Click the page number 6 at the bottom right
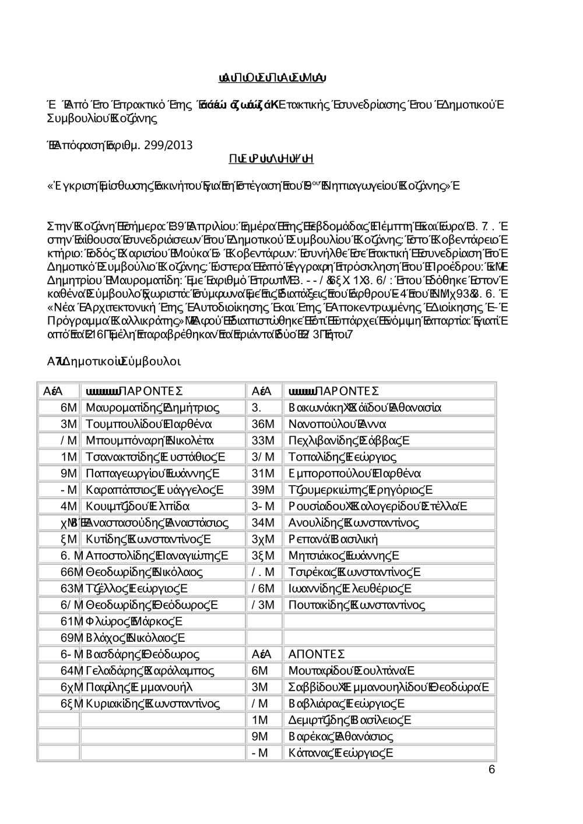[x=491, y=770]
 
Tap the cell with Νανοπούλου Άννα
[x=338, y=423]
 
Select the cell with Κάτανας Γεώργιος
[x=341, y=753]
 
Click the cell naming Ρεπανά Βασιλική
[x=333, y=539]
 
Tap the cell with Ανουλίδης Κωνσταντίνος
[x=354, y=522]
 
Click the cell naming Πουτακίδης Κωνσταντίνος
[x=357, y=605]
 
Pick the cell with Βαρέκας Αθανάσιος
[x=341, y=737]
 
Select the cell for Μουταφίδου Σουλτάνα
[x=352, y=671]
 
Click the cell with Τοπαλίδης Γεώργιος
[x=343, y=457]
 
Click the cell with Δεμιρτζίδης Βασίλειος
[x=350, y=720]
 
